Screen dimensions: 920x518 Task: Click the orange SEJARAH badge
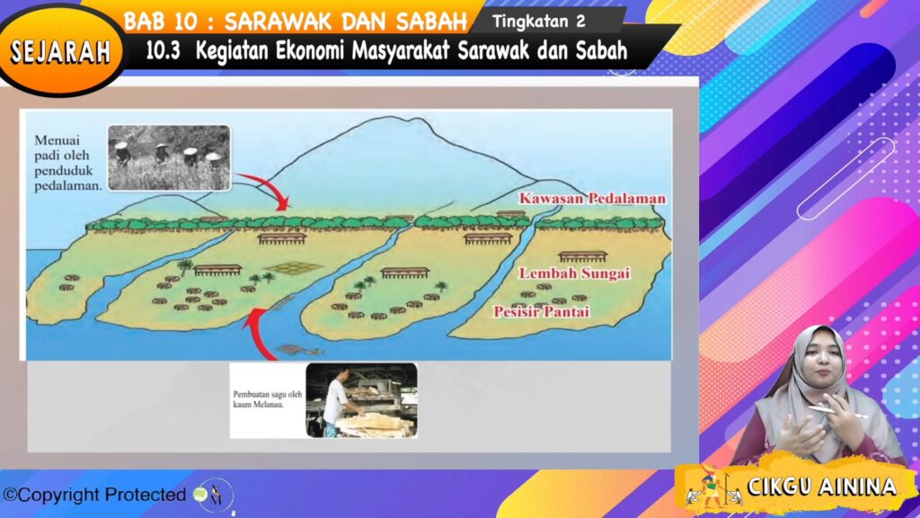[x=60, y=51]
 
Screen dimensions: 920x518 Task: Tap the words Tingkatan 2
[x=539, y=22]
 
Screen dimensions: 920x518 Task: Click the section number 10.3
[x=163, y=51]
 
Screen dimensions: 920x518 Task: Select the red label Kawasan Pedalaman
[x=592, y=199]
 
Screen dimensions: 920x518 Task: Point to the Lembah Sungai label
[x=574, y=273]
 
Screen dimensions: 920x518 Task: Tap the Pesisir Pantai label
[x=541, y=312]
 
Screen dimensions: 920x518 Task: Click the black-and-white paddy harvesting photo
[x=169, y=157]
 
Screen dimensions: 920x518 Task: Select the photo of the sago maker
[x=361, y=400]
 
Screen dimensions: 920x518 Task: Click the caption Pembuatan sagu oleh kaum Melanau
[x=268, y=399]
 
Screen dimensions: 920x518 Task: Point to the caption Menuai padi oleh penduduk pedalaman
[x=67, y=163]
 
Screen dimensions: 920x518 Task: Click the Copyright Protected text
[x=94, y=496]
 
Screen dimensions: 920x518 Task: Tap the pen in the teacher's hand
[x=836, y=412]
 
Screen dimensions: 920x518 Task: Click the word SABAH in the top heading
[x=431, y=22]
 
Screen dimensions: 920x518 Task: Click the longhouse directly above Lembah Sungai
[x=582, y=256]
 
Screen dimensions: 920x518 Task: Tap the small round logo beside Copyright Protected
[x=214, y=496]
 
